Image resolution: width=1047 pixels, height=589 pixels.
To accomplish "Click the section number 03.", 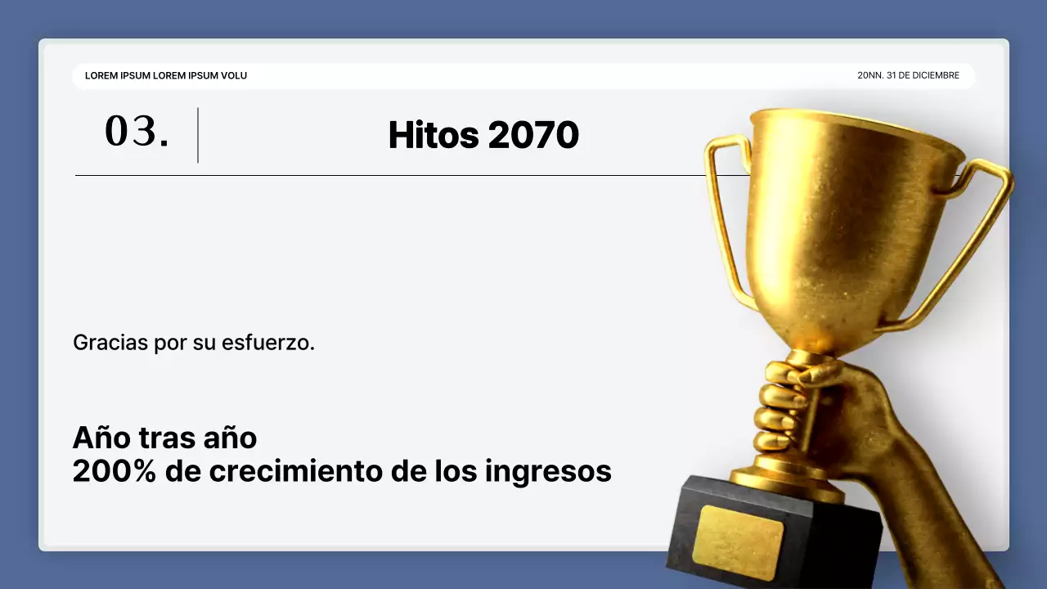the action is [137, 132].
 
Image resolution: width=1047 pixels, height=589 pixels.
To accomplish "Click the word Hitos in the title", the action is [434, 135].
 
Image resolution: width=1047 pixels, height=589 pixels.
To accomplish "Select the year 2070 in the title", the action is [533, 135].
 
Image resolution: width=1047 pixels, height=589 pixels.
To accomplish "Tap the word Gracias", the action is [110, 343].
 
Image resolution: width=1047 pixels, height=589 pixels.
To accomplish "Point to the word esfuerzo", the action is [267, 343].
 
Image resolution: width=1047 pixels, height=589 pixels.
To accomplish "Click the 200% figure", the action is [114, 471].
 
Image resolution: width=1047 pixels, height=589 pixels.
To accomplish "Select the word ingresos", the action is [548, 472].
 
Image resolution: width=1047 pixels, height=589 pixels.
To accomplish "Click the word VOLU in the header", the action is [234, 75].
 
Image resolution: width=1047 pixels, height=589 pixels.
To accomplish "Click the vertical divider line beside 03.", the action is [198, 135].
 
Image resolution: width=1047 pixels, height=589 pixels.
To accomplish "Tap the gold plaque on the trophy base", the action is [738, 542].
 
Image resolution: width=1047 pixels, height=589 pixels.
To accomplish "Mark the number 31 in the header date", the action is [892, 75].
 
